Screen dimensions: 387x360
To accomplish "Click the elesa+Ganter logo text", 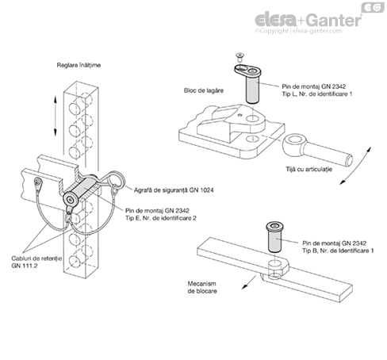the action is tap(308, 20).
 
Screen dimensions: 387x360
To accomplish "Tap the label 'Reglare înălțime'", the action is tap(79, 65).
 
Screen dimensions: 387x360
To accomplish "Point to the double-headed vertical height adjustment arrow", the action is tap(56, 116).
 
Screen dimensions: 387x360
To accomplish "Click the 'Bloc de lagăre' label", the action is tap(204, 90).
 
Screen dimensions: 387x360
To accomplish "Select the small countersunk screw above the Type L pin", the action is tap(240, 56).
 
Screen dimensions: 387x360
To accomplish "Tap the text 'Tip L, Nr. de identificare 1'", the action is tap(317, 94).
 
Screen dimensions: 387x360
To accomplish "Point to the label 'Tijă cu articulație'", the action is tap(308, 169).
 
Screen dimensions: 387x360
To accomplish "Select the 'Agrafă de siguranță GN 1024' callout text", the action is tap(174, 190).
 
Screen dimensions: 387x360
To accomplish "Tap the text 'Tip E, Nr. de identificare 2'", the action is tap(161, 218).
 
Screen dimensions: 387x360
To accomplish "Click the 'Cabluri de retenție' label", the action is tap(36, 259).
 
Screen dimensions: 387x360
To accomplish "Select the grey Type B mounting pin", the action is tap(275, 237).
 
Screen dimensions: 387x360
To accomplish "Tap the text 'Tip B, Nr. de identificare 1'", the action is tap(338, 251).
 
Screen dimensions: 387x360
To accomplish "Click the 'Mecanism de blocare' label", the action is tap(202, 287).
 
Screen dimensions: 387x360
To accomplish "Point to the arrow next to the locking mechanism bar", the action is tap(249, 282).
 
